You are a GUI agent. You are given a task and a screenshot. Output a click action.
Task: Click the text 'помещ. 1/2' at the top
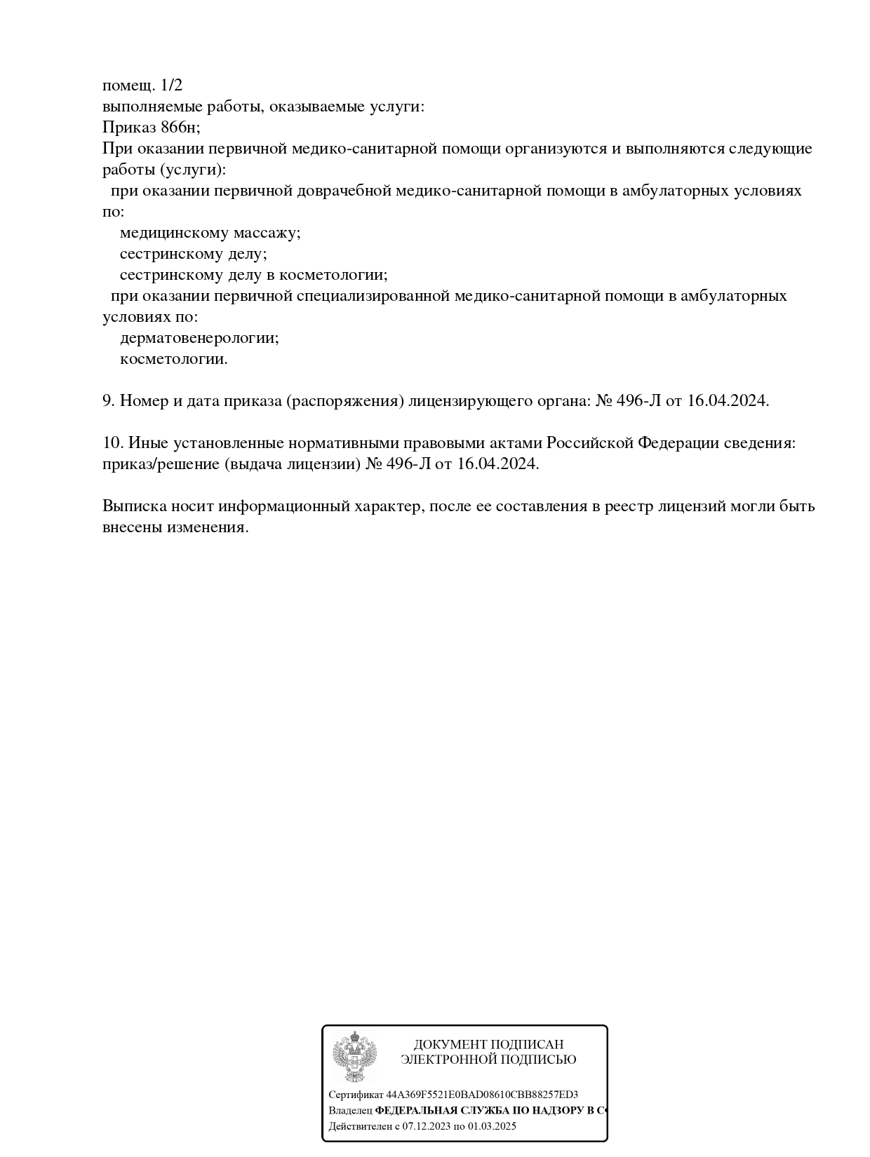142,86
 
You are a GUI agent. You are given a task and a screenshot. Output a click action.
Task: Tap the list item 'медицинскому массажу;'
210,233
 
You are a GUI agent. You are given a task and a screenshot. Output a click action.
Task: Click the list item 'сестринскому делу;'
194,254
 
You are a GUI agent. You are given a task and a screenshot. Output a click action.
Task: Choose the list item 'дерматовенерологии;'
199,338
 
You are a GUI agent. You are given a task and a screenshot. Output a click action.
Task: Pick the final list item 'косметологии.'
174,359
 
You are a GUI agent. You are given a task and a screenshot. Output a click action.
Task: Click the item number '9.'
109,401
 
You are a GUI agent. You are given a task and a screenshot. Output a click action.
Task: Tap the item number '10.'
113,443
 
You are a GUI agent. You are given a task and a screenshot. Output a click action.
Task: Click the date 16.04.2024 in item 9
728,401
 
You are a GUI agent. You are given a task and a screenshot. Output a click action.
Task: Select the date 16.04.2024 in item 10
497,464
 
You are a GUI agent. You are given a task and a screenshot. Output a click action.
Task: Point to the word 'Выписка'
133,506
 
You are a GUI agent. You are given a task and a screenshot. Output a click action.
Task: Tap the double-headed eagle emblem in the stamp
354,1056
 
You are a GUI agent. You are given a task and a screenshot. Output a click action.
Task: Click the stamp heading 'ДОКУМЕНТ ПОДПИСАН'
488,1045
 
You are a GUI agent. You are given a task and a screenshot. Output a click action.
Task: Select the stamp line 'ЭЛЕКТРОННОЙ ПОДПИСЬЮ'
488,1060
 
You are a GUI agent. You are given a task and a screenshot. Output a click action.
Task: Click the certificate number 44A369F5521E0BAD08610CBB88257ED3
482,1095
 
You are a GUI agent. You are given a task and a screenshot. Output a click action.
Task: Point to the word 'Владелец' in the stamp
350,1111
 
